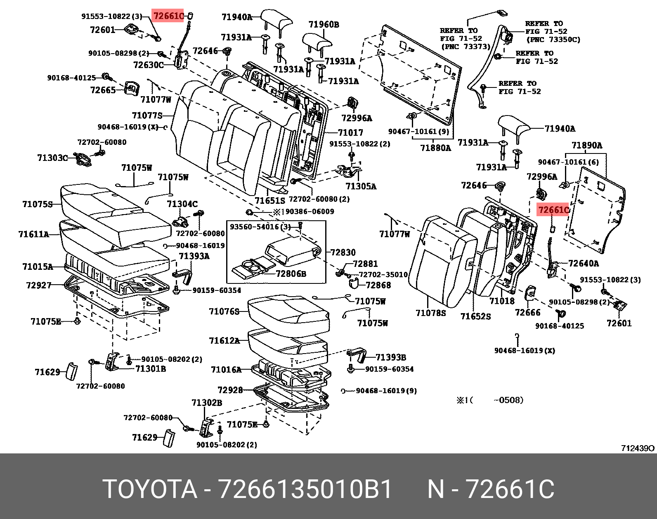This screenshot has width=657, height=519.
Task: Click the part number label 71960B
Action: tap(324, 25)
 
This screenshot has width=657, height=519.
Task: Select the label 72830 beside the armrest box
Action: tap(343, 252)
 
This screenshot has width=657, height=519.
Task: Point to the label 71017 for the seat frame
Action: tap(350, 132)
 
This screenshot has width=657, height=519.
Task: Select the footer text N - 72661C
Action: tap(491, 489)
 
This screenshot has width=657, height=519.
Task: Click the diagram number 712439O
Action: tap(638, 448)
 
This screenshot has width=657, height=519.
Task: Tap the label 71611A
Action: tap(33, 234)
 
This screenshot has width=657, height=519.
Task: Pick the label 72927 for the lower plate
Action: tap(38, 285)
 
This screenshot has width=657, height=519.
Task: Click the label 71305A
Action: tap(361, 186)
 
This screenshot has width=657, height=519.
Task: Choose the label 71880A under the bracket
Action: tap(435, 148)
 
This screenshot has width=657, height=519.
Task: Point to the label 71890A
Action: tap(586, 145)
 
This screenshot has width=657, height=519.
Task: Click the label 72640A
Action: tap(583, 263)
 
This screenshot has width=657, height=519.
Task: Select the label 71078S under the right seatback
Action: tap(430, 313)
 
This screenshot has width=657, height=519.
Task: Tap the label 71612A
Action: tap(224, 341)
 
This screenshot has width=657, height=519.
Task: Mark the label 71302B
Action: tap(206, 403)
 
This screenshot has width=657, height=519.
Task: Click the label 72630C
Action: tap(148, 65)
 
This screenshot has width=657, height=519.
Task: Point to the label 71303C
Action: tap(52, 158)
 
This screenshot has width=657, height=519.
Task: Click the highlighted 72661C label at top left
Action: tap(168, 16)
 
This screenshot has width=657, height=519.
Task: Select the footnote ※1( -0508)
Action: tap(489, 400)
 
